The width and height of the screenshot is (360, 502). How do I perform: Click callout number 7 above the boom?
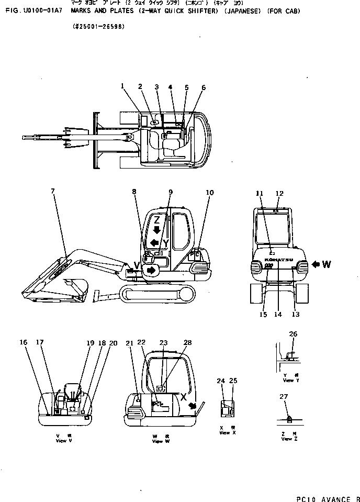click(52, 191)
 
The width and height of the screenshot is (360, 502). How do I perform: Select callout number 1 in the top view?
click(122, 86)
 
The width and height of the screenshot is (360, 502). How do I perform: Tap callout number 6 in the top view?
click(204, 87)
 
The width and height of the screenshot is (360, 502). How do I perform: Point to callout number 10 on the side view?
click(209, 193)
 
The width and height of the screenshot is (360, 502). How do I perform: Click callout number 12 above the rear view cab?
click(279, 194)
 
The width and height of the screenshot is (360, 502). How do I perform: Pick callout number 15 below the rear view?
click(263, 315)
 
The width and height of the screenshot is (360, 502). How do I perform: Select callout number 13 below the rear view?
click(296, 315)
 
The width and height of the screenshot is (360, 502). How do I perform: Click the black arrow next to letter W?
click(316, 264)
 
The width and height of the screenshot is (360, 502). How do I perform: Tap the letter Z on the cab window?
click(156, 220)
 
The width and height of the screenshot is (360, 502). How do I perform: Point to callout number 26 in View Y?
click(293, 334)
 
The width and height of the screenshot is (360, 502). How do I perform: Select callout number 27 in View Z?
click(284, 397)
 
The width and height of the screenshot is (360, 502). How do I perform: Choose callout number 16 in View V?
click(24, 342)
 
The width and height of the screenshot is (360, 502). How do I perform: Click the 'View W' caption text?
click(157, 441)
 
